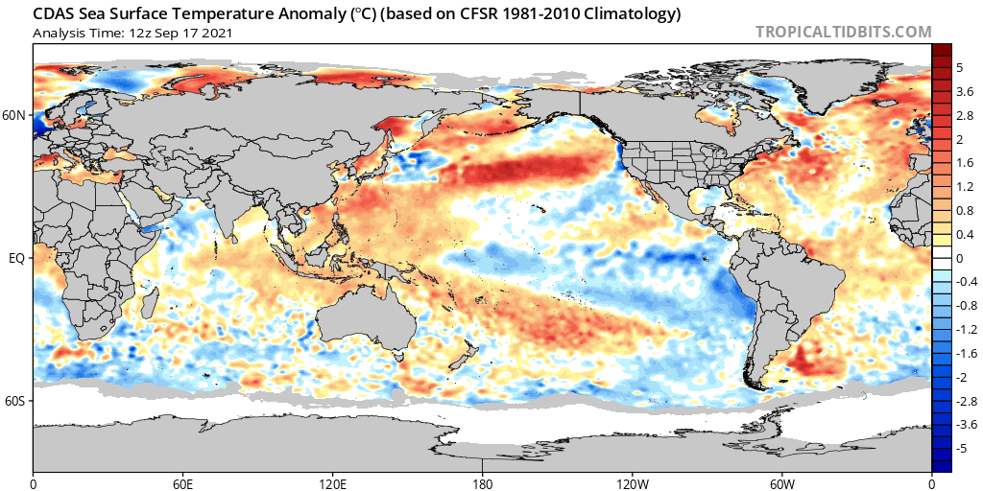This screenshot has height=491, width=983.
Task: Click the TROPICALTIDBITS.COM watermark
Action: pyautogui.click(x=843, y=32)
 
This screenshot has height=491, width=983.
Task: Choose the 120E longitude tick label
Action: pyautogui.click(x=332, y=483)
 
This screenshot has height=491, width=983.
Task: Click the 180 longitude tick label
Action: pyautogui.click(x=482, y=483)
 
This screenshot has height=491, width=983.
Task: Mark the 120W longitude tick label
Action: pyautogui.click(x=632, y=483)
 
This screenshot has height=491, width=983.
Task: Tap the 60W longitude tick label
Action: pyautogui.click(x=781, y=483)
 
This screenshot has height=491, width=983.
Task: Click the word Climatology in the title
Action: pyautogui.click(x=639, y=13)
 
